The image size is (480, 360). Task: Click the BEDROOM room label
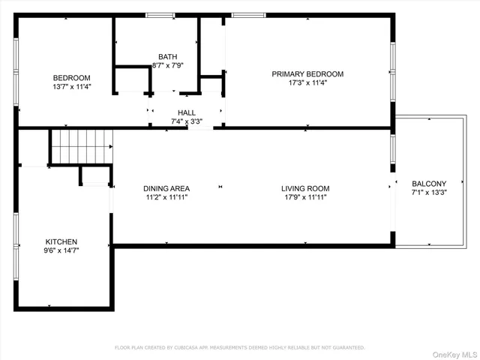71,78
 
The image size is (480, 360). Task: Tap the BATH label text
168,57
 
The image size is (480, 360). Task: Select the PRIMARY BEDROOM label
307,73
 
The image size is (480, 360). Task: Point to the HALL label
187,112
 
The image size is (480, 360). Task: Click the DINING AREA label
166,188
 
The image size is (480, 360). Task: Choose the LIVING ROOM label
305,188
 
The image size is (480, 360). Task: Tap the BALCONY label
429,183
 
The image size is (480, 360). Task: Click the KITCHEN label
61,241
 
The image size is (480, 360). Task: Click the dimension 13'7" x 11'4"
71,86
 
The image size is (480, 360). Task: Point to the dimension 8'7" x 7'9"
168,65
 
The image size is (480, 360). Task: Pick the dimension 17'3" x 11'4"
307,82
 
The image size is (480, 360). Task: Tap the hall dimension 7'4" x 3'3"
187,121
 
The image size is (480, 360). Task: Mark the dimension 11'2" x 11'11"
166,197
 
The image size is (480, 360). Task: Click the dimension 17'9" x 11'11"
305,197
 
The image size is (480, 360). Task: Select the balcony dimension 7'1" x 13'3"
429,192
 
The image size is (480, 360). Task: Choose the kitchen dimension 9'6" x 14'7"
61,250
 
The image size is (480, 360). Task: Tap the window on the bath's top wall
157,15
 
